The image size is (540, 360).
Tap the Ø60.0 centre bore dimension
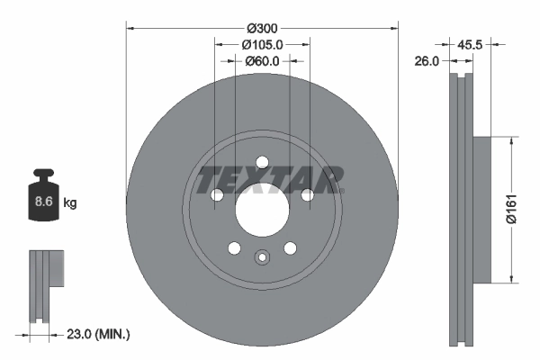coord(262,61)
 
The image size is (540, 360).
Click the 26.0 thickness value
coord(427,61)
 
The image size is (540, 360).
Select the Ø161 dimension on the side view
coord(509,209)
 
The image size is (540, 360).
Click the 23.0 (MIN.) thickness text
coord(100,334)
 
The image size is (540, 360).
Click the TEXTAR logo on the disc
coord(270,178)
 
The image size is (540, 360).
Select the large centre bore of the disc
coord(262,211)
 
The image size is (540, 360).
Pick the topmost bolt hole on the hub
coord(262,163)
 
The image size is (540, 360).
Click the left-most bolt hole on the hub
coord(216,195)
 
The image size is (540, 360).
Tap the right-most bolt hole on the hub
coord(307,195)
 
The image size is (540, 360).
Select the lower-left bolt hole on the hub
coord(234,249)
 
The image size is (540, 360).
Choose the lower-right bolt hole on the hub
coord(290,249)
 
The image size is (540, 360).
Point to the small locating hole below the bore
coord(262,258)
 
